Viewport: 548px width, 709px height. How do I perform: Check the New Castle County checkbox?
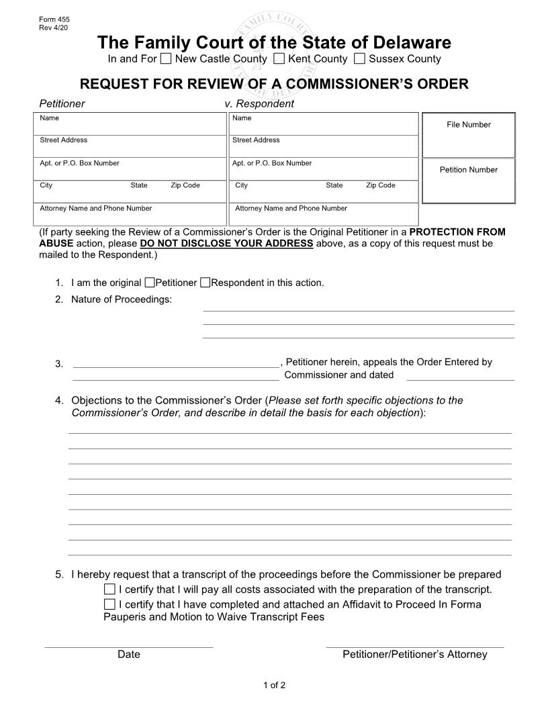tap(166, 59)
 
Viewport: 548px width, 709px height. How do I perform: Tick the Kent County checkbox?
tap(279, 59)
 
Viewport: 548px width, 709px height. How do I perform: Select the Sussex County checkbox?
tap(359, 59)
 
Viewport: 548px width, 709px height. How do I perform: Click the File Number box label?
tap(468, 125)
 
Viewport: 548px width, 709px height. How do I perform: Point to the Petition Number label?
tap(468, 170)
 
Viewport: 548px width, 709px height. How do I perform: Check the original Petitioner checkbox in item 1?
tap(150, 283)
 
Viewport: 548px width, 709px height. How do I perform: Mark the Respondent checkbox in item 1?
tap(205, 283)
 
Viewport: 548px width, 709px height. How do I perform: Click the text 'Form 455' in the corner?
tap(54, 20)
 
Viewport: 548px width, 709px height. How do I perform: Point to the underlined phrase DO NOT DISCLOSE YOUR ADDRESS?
tap(226, 244)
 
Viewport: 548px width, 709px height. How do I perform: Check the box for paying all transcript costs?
tap(109, 589)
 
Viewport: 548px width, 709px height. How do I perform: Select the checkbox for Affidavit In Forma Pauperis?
tap(109, 604)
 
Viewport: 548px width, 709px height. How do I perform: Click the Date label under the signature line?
tap(129, 655)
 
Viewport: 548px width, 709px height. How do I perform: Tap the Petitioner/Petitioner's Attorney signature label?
tap(414, 655)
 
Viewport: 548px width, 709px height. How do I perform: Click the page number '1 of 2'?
tap(274, 686)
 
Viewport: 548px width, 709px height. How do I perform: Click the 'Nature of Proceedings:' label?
tap(122, 299)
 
